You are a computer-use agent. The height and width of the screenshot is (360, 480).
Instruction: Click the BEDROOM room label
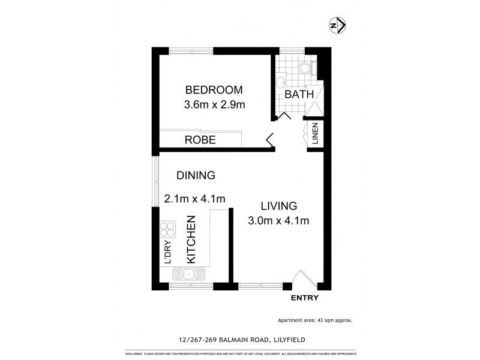coord(214,90)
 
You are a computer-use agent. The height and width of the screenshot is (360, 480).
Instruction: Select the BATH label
coord(299,95)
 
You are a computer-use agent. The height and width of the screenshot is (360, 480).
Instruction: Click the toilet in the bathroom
coord(307,67)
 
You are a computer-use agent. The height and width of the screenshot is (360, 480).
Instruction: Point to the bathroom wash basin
coord(280,83)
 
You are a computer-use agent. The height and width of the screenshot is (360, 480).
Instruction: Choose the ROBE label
coord(200,140)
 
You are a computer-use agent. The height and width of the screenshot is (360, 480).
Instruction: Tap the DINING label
coord(196,176)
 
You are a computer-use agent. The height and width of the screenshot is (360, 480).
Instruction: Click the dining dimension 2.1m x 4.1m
coord(195,199)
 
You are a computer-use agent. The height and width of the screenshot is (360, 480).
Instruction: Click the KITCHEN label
coord(191,239)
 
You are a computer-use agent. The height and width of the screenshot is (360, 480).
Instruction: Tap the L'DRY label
coord(168,253)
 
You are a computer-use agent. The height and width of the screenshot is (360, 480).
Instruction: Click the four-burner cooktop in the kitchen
coord(167,230)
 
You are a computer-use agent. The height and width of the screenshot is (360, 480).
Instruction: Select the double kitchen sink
coord(188,275)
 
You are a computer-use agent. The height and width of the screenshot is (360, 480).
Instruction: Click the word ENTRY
coord(304,298)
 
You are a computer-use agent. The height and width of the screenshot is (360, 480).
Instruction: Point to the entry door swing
coord(302,278)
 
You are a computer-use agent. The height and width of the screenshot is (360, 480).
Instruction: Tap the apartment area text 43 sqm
coord(314,320)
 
